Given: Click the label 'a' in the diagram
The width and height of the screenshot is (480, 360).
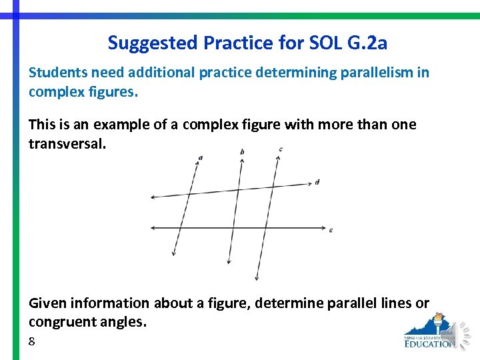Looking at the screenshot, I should [201, 158].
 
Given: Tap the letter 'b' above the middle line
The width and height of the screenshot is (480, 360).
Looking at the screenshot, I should [241, 152].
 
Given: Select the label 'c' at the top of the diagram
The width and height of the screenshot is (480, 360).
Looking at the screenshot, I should [281, 149].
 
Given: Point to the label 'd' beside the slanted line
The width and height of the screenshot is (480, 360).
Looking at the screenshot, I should [317, 182].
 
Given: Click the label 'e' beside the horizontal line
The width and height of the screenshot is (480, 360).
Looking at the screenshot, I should [331, 230].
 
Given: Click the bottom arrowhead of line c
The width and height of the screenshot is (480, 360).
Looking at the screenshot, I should [257, 278].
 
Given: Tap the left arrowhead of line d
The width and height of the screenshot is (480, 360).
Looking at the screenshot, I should [153, 197].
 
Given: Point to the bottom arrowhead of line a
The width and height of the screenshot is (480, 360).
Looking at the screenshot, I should [174, 253].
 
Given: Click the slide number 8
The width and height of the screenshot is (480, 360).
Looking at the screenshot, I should [32, 341].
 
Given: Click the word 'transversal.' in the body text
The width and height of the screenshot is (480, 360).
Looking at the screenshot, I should [67, 144].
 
